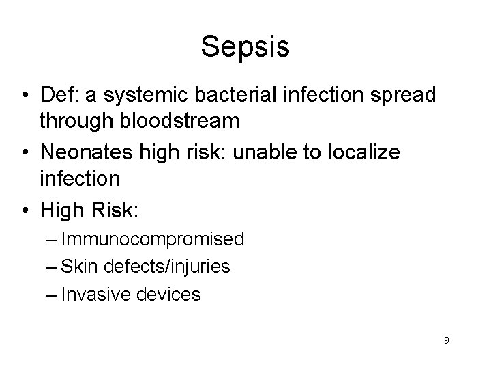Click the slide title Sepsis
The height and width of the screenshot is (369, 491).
point(245,47)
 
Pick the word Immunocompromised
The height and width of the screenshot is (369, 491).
point(151,239)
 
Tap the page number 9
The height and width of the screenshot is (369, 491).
point(446,340)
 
